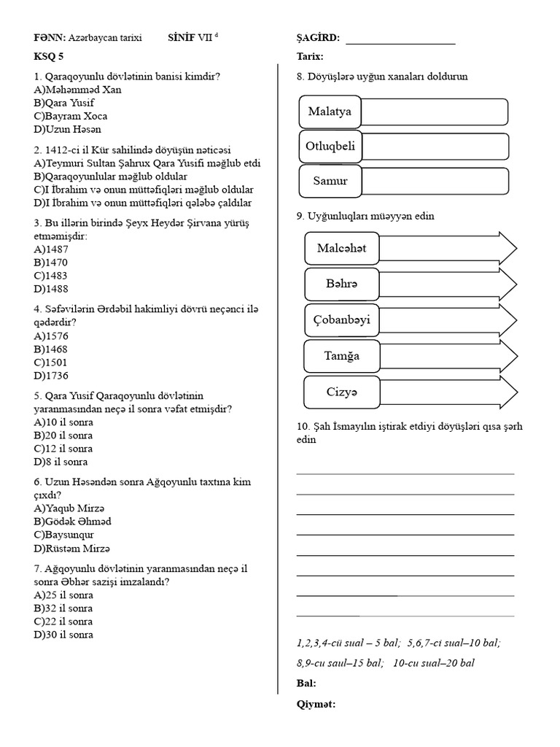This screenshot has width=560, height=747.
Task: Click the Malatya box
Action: point(330,112)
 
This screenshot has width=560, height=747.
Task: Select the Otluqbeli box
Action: point(330,146)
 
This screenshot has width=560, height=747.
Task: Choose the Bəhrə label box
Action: point(342,282)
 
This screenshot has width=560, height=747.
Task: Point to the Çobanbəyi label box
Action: point(342,320)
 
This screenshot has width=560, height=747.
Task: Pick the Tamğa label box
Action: point(342,356)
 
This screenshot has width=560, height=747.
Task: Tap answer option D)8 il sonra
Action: point(61,462)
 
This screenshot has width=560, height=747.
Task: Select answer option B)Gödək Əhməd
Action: point(72,522)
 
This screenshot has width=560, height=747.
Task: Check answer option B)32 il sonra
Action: point(63,608)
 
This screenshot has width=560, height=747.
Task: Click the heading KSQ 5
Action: point(49,56)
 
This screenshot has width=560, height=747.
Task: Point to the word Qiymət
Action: point(316,704)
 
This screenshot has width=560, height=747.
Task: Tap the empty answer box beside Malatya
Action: point(435,112)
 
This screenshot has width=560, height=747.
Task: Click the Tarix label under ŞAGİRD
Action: point(311,56)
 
